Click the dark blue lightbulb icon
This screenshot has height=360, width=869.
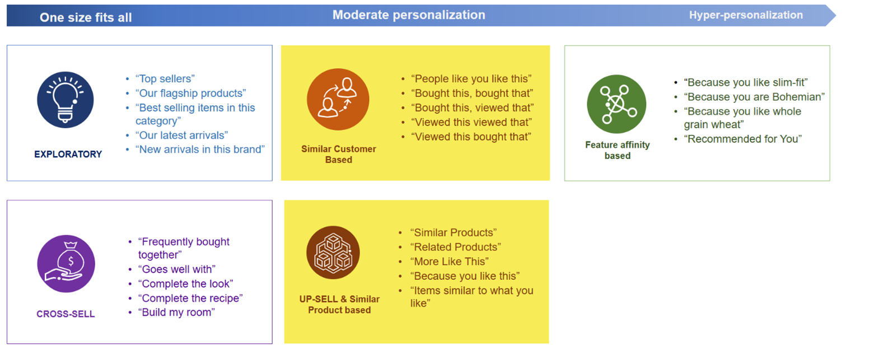coord(65,100)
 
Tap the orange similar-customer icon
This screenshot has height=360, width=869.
coord(338,99)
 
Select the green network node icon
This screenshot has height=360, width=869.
coord(616,104)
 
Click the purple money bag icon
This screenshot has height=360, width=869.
coord(66,264)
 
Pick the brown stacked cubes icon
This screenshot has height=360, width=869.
coord(333,253)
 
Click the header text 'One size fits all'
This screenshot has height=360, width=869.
coord(86,17)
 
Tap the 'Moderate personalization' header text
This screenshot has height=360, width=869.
coord(409,15)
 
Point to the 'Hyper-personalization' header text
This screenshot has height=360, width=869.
coord(746,15)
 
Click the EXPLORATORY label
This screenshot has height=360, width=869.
coord(68,154)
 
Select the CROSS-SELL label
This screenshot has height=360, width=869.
coord(66,314)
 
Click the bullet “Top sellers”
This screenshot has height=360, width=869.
coord(165,79)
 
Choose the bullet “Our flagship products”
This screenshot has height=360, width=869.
coord(190,93)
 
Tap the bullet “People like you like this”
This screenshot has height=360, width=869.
coord(471,79)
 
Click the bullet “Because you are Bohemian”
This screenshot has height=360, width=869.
coord(754,97)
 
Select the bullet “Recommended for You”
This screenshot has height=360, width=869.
coord(742,139)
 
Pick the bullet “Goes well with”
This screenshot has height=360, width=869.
coord(177,269)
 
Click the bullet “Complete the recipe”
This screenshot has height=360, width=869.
coord(190,298)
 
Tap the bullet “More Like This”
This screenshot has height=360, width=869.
coord(449,261)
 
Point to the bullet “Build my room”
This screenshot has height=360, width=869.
coord(176,312)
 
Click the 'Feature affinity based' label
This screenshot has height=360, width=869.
coord(617,150)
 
